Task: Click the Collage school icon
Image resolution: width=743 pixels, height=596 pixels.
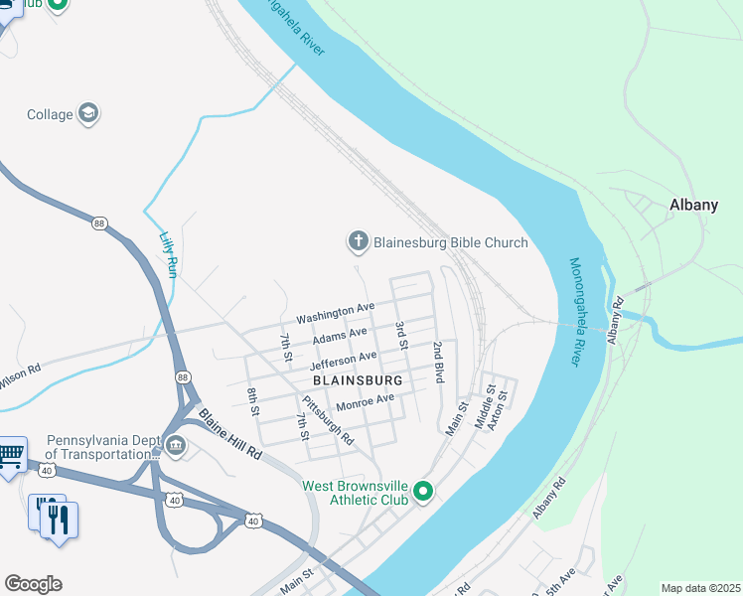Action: [88, 113]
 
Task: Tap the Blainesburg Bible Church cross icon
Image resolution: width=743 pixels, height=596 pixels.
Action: [358, 241]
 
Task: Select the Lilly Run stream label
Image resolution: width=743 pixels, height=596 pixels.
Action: [168, 253]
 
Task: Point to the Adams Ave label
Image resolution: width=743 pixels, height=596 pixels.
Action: [340, 336]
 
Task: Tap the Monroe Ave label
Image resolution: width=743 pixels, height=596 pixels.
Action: [365, 401]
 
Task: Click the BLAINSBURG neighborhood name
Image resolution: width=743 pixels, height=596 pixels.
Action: [357, 380]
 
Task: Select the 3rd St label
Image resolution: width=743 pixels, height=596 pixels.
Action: [401, 335]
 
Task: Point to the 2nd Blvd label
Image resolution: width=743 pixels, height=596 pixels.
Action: [437, 363]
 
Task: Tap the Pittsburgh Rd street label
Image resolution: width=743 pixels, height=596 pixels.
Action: [327, 419]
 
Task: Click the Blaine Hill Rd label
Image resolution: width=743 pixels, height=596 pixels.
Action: [228, 434]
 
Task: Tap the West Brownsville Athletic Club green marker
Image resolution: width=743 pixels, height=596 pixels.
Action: [423, 491]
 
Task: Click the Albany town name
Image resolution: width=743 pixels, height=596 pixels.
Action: [693, 205]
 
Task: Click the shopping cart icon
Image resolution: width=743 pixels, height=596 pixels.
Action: [11, 456]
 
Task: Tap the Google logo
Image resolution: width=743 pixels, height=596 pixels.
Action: [33, 584]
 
